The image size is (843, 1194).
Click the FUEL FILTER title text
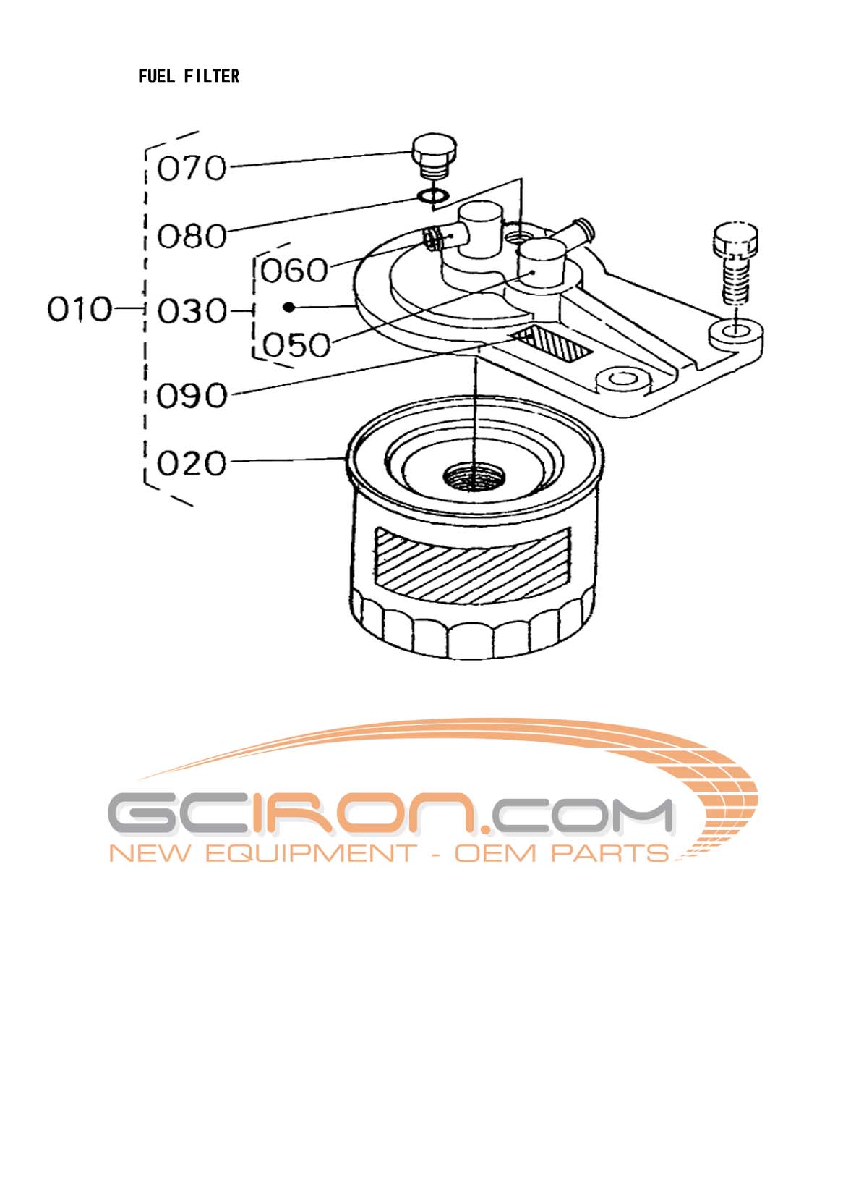click(x=189, y=76)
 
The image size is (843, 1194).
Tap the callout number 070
click(x=192, y=169)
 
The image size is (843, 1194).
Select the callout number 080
click(x=192, y=236)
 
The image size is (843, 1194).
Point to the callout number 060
click(x=294, y=271)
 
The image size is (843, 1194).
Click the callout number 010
click(x=80, y=310)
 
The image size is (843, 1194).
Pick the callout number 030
click(x=192, y=312)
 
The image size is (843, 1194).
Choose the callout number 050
click(x=296, y=345)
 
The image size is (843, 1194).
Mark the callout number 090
click(x=192, y=396)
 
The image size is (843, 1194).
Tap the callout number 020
click(x=192, y=463)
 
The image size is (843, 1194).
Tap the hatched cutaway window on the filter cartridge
click(x=471, y=563)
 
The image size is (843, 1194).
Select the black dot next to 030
click(x=288, y=308)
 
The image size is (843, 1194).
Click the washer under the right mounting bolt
click(x=736, y=332)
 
